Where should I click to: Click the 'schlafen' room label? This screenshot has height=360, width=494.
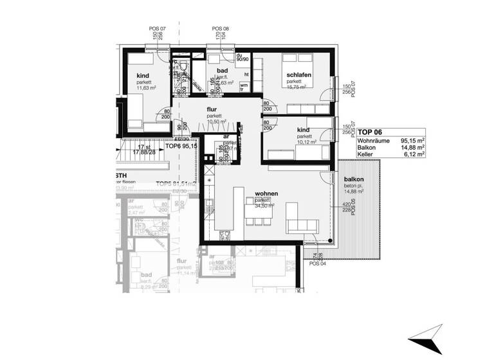(300, 75)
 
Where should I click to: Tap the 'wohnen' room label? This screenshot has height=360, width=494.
(266, 193)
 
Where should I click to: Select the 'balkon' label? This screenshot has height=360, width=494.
(354, 180)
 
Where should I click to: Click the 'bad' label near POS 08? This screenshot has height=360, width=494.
(223, 69)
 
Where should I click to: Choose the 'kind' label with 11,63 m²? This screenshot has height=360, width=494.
(142, 76)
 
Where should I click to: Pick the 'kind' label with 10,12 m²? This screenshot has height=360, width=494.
(304, 130)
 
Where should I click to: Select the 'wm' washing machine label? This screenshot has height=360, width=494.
(244, 86)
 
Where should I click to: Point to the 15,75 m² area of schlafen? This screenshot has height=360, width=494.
(300, 89)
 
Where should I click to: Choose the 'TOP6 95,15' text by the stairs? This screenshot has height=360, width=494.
(181, 147)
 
